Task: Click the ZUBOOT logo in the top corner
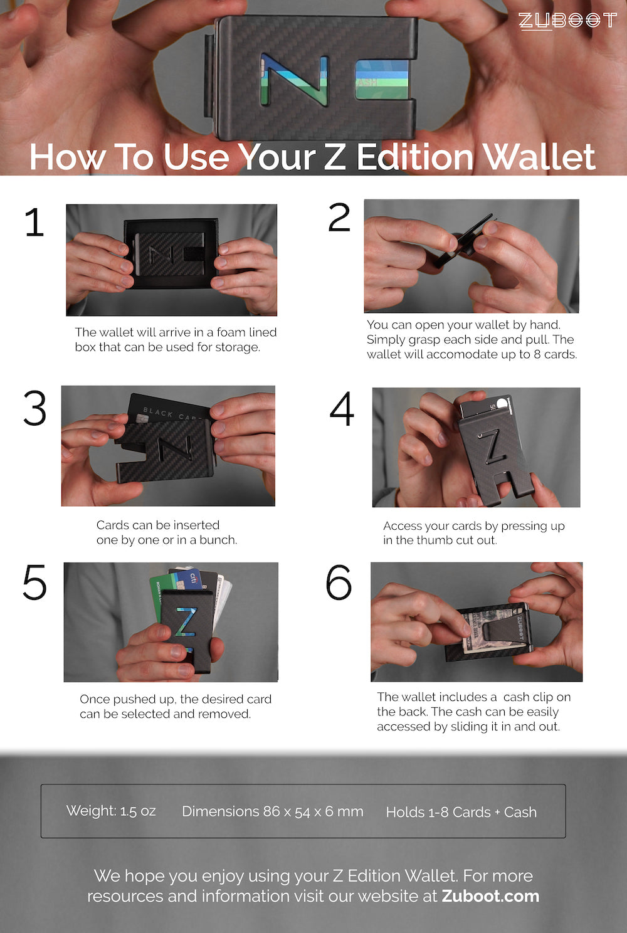click(x=567, y=21)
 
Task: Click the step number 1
click(x=35, y=223)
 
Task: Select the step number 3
click(x=35, y=408)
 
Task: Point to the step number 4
click(x=342, y=409)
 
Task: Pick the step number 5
click(x=34, y=582)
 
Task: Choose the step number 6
click(x=339, y=582)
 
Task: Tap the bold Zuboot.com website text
click(x=490, y=895)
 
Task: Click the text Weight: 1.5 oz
click(x=111, y=811)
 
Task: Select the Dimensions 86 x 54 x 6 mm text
click(x=273, y=811)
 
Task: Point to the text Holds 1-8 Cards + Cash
click(x=461, y=812)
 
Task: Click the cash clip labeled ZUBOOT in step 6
click(x=505, y=630)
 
